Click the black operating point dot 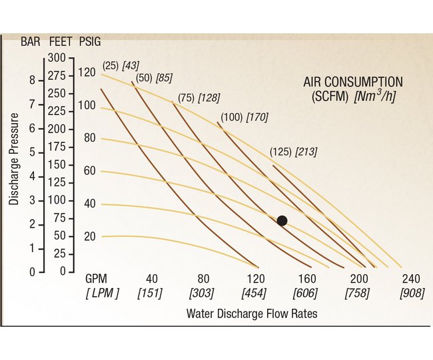282,221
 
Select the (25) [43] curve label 121,65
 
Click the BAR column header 31,41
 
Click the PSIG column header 91,41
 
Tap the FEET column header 61,41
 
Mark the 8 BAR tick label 32,81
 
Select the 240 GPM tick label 411,279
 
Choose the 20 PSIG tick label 90,237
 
